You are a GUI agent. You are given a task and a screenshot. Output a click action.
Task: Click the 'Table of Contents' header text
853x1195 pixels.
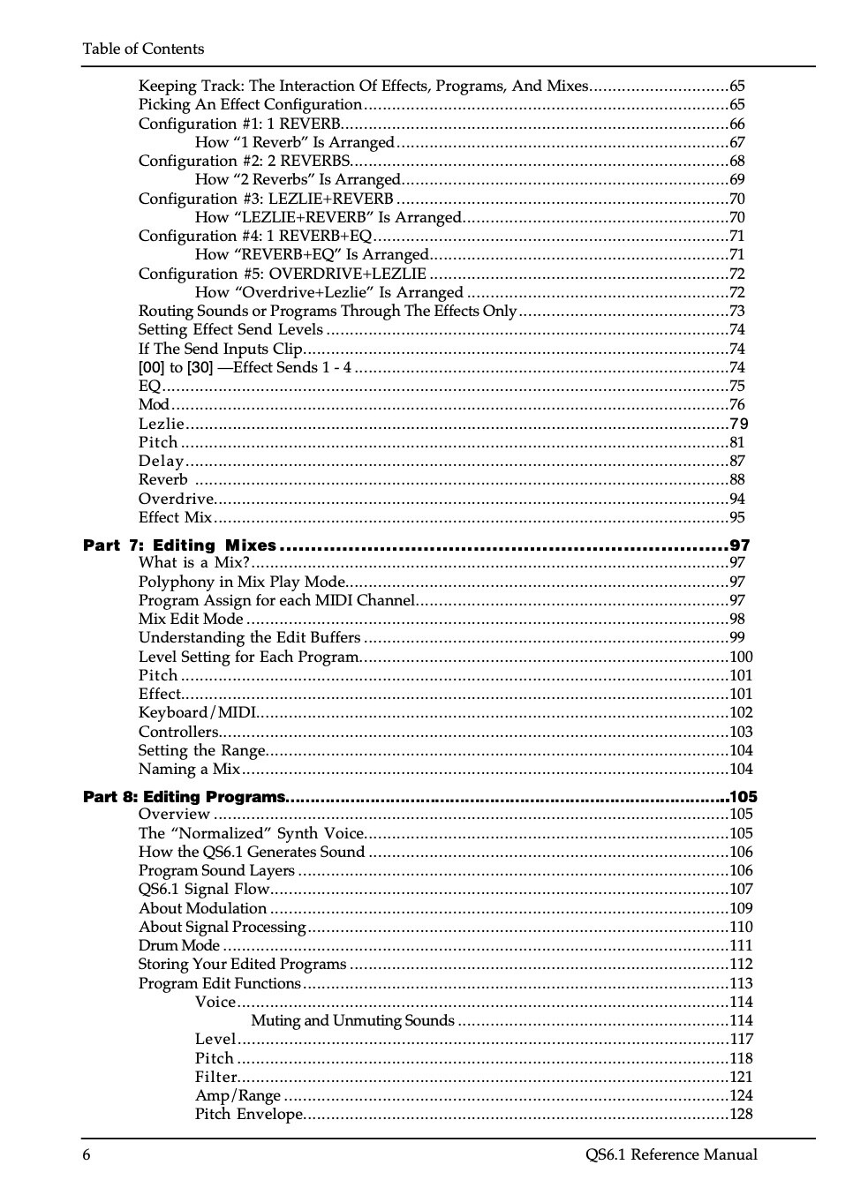coord(143,49)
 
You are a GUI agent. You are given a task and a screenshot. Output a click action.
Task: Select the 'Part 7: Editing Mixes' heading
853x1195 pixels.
coord(179,545)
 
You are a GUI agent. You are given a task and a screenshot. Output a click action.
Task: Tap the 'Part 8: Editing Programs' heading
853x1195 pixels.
coord(185,797)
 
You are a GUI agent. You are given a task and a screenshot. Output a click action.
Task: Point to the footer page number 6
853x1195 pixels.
coord(87,1154)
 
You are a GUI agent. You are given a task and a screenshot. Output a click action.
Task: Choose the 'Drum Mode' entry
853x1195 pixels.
coord(179,945)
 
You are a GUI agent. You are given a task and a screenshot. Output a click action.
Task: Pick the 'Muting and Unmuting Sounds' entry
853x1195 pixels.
coord(352,1020)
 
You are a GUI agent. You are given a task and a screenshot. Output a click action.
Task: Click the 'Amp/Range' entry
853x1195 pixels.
coord(238,1095)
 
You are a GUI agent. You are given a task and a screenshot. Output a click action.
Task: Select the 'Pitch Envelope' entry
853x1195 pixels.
coord(249,1114)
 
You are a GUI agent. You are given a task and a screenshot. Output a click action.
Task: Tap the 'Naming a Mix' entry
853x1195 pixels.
coord(189,769)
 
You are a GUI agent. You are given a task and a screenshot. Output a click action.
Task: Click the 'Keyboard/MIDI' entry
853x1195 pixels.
coord(197,712)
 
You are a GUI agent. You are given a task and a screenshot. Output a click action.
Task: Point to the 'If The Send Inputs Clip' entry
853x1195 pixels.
coord(221,349)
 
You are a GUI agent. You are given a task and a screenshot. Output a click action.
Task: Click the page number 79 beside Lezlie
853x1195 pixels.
coord(738,424)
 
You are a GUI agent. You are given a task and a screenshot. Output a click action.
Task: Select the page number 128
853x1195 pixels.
coord(741,1114)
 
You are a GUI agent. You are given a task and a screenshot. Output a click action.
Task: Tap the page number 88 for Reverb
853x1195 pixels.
coord(737,479)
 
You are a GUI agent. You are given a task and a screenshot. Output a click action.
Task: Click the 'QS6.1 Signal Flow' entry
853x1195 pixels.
coord(203,889)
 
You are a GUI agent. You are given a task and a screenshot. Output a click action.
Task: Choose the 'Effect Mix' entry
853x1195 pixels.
coord(175,517)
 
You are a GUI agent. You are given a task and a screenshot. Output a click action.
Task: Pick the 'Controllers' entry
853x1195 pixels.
coord(178,732)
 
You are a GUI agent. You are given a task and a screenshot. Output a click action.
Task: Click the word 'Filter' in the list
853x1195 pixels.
coord(216,1077)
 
